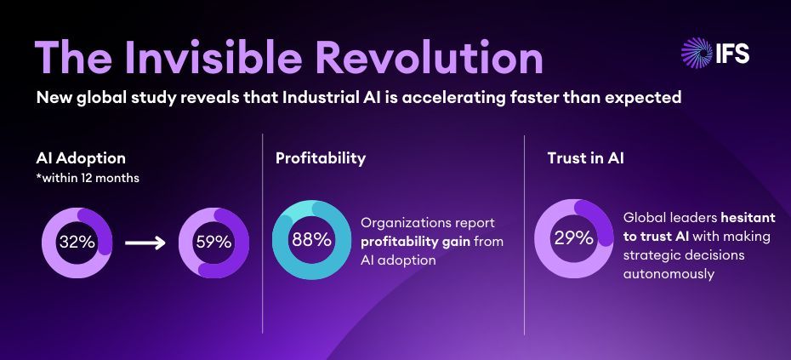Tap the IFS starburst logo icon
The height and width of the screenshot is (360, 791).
coord(697,53)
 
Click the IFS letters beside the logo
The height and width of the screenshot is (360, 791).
coord(731,53)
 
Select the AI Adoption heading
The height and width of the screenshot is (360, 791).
coord(82,158)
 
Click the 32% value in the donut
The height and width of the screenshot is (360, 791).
coord(77,242)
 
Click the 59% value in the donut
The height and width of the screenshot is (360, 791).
coord(213,242)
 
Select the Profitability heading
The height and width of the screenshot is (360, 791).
coord(321,158)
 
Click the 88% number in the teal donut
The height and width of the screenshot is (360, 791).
coord(311,240)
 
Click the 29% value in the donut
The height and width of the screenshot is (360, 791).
coord(573,238)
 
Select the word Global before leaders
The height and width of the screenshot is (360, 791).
coord(646,218)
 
